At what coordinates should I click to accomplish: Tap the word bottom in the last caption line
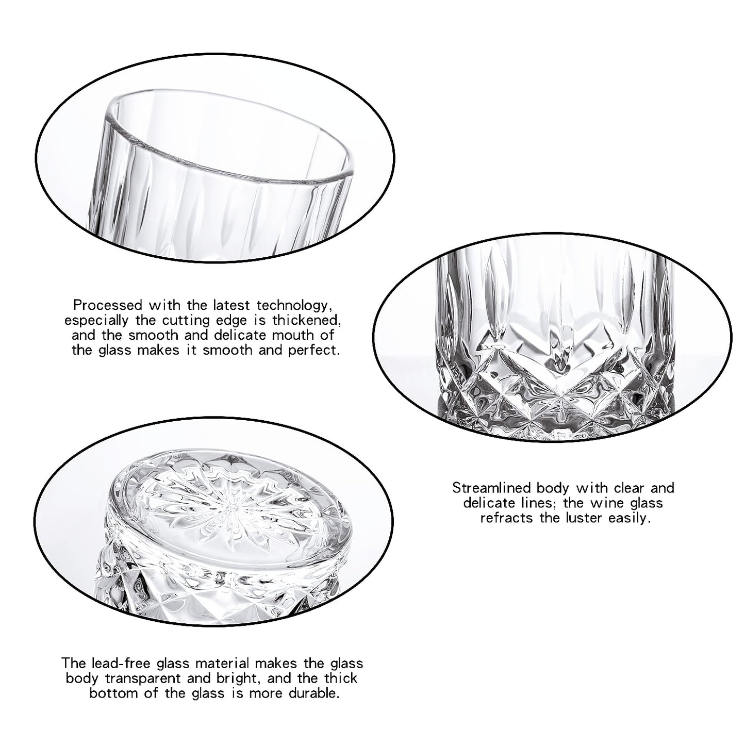click(115, 693)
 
